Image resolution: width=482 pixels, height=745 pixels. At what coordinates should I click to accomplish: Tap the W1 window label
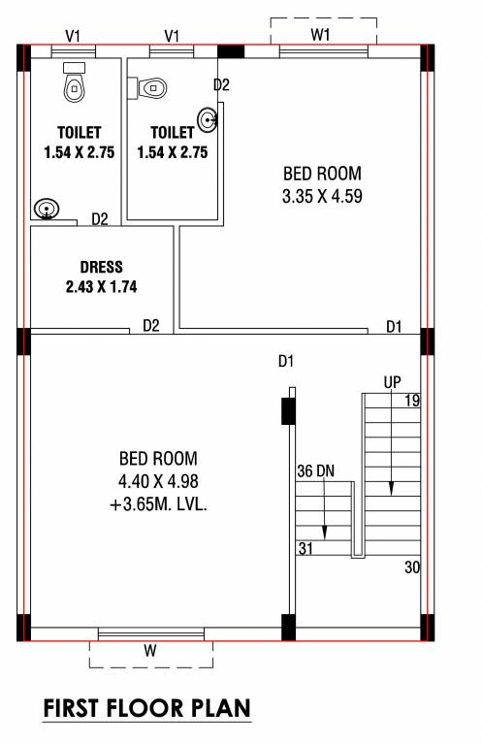pyautogui.click(x=322, y=35)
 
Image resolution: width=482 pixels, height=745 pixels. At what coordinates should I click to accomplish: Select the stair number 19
pyautogui.click(x=411, y=401)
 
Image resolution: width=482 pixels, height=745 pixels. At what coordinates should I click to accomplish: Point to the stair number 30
pyautogui.click(x=412, y=567)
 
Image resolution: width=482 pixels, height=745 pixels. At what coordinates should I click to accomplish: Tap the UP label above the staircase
pyautogui.click(x=392, y=381)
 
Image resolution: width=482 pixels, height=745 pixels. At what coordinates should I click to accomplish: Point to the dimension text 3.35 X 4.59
pyautogui.click(x=322, y=196)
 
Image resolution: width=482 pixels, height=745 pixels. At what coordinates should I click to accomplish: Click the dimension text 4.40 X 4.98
pyautogui.click(x=158, y=480)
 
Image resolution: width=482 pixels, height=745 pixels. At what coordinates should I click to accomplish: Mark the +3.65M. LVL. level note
pyautogui.click(x=158, y=502)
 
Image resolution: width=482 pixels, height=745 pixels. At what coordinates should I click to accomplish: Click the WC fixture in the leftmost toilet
pyautogui.click(x=74, y=84)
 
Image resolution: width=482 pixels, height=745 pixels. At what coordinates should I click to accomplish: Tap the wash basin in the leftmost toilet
pyautogui.click(x=45, y=209)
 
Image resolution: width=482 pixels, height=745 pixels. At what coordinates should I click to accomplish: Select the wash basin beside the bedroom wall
pyautogui.click(x=206, y=120)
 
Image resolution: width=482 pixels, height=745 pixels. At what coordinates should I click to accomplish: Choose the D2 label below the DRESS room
pyautogui.click(x=150, y=325)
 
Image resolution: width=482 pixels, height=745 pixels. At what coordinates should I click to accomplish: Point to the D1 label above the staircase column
pyautogui.click(x=285, y=362)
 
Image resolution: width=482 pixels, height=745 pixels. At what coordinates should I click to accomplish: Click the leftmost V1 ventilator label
pyautogui.click(x=73, y=36)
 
